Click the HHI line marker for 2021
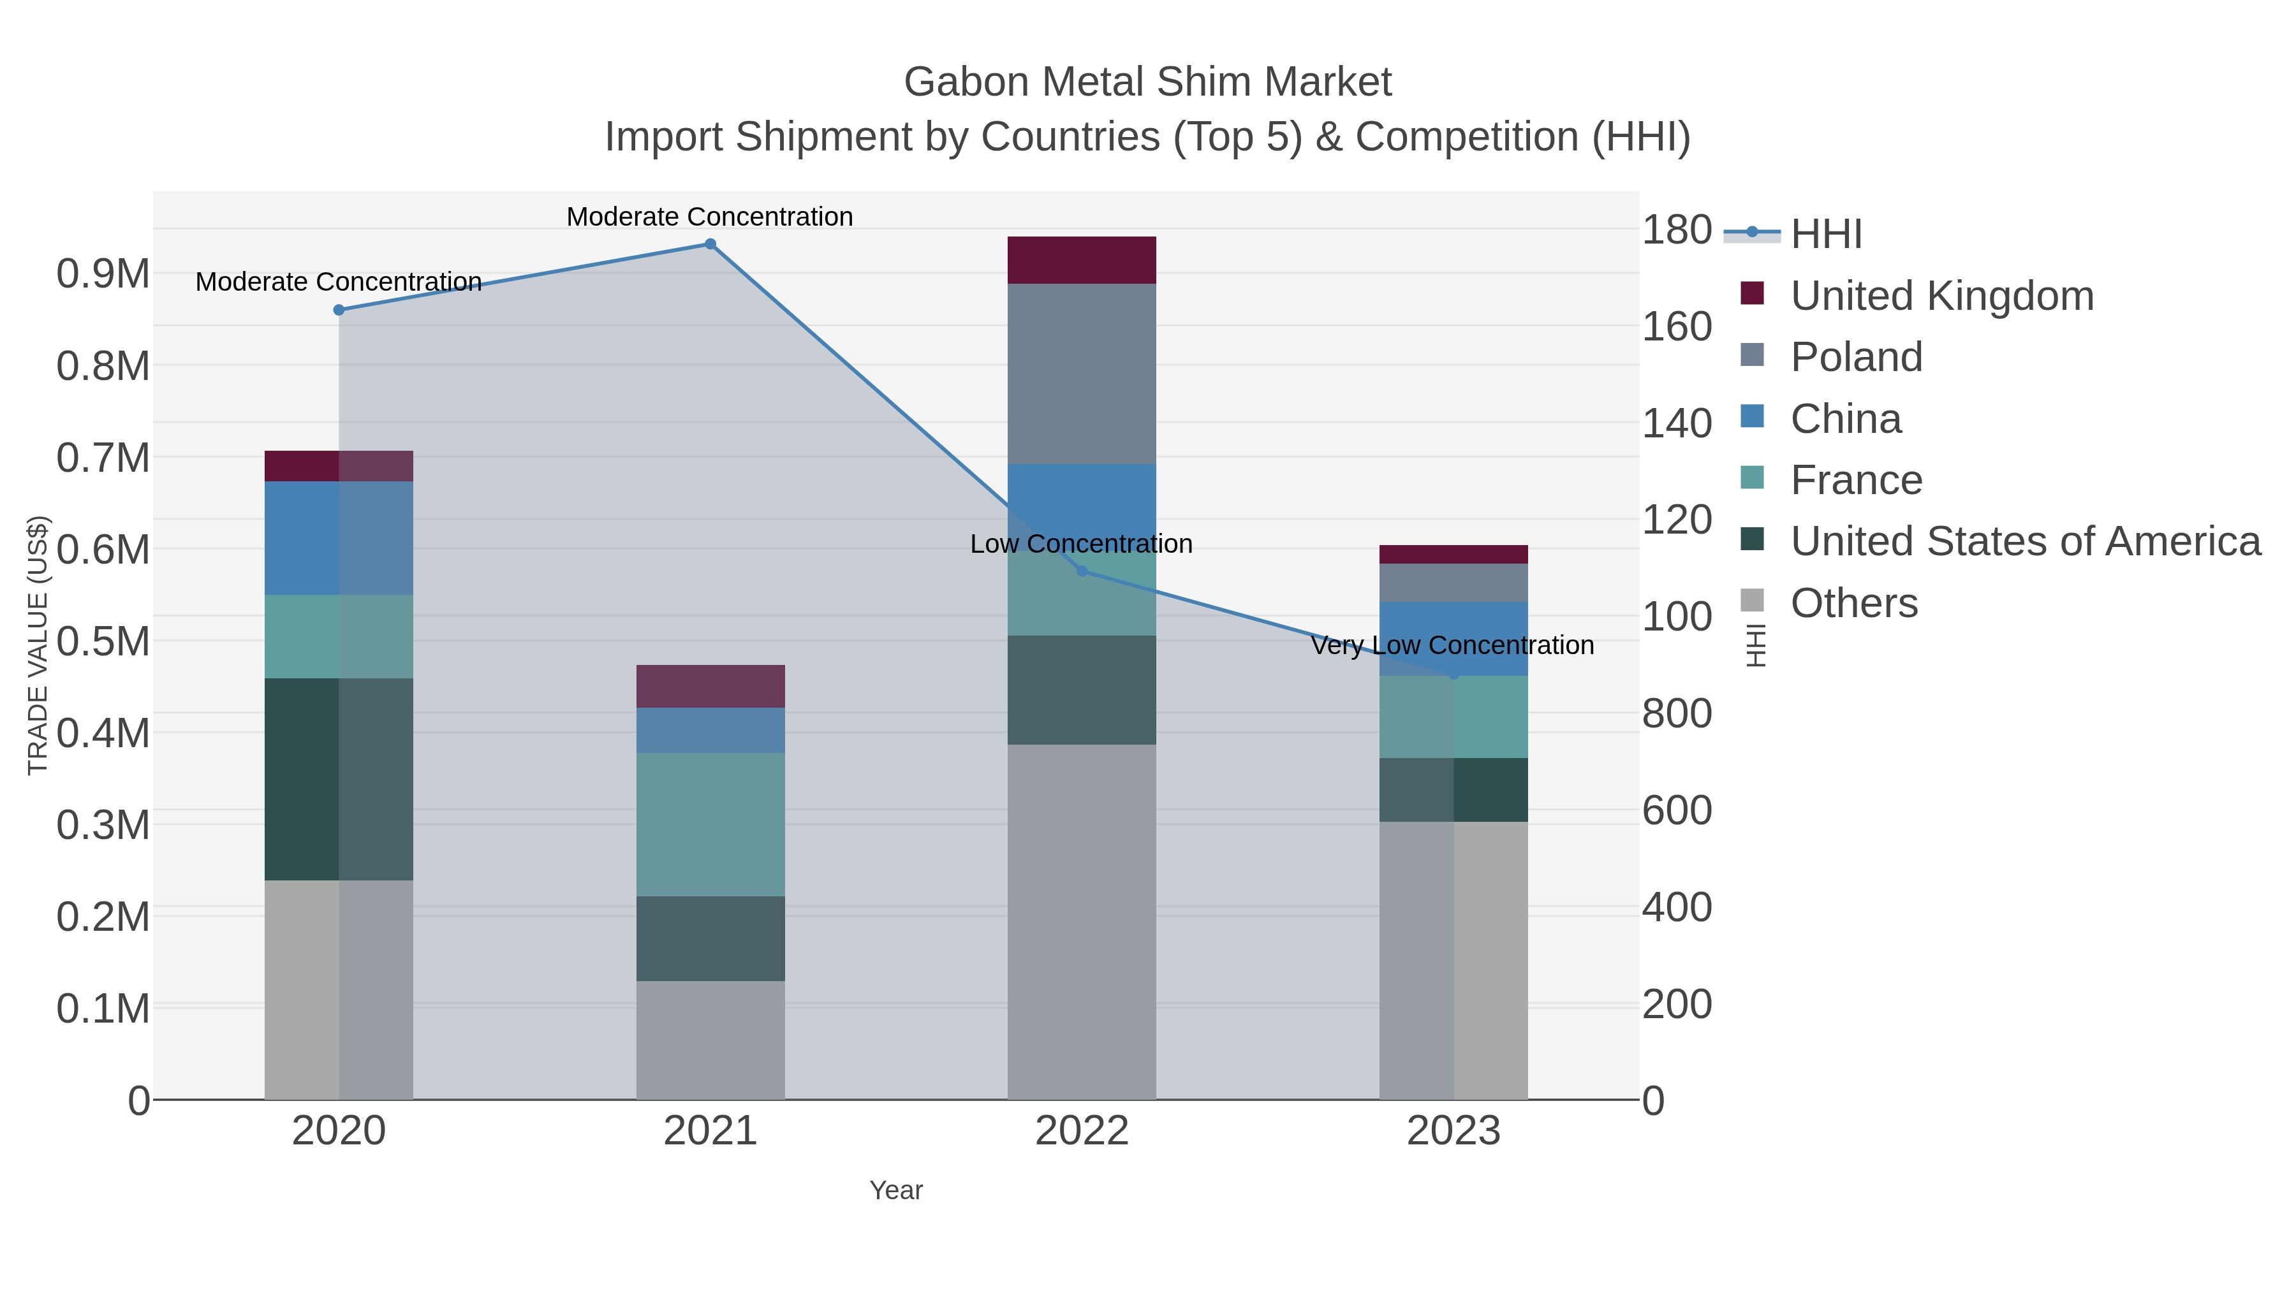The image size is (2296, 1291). click(x=710, y=244)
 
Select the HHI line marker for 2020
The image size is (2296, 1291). click(x=339, y=310)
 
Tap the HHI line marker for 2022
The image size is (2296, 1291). click(x=1082, y=571)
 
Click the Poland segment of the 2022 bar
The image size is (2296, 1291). click(x=1082, y=374)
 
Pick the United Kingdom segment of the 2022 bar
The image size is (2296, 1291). click(x=1082, y=260)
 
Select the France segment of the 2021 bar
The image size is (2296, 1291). click(x=710, y=824)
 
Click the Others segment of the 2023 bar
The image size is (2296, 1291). click(x=1453, y=961)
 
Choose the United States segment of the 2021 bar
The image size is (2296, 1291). click(x=710, y=938)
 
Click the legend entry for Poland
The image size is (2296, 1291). click(x=1856, y=357)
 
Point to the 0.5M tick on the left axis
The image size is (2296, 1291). click(x=103, y=641)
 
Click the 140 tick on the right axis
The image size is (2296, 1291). click(x=1677, y=423)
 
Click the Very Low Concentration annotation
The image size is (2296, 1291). click(x=1452, y=645)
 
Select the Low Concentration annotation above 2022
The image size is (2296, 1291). click(x=1081, y=543)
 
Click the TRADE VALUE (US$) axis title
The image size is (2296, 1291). click(x=38, y=645)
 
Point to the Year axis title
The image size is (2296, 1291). click(x=896, y=1190)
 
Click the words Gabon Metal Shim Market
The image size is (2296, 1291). click(x=1147, y=82)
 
